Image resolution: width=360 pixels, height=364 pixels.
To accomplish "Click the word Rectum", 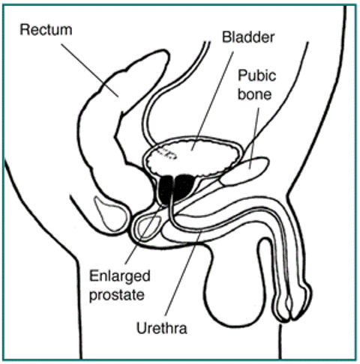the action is pyautogui.click(x=46, y=30).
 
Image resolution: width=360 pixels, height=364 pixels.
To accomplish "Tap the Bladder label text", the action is pyautogui.click(x=248, y=37).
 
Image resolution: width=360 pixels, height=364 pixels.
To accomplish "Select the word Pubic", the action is pyautogui.click(x=256, y=76).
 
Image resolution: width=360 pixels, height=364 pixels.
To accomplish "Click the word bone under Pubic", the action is pyautogui.click(x=254, y=94).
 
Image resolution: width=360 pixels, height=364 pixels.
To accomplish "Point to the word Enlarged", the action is pyautogui.click(x=120, y=277).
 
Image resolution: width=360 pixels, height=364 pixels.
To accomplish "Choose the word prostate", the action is pyautogui.click(x=117, y=295).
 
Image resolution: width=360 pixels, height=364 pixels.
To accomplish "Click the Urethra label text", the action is pyautogui.click(x=162, y=328).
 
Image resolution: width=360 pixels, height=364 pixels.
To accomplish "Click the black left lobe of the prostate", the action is pyautogui.click(x=165, y=189).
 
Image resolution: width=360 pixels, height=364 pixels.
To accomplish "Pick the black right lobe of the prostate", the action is pyautogui.click(x=184, y=187).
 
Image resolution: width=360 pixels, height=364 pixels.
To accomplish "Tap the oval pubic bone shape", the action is pyautogui.click(x=244, y=171).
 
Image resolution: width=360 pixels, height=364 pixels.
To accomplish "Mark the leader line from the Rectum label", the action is pyautogui.click(x=90, y=70).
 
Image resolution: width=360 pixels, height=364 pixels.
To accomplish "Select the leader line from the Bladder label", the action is pyautogui.click(x=212, y=101).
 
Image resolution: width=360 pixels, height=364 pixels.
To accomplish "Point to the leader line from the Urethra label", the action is pyautogui.click(x=183, y=273).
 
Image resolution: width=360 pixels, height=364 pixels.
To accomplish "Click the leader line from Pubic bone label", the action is pyautogui.click(x=253, y=139).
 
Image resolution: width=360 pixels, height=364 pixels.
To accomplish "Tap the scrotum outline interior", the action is pyautogui.click(x=235, y=287).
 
